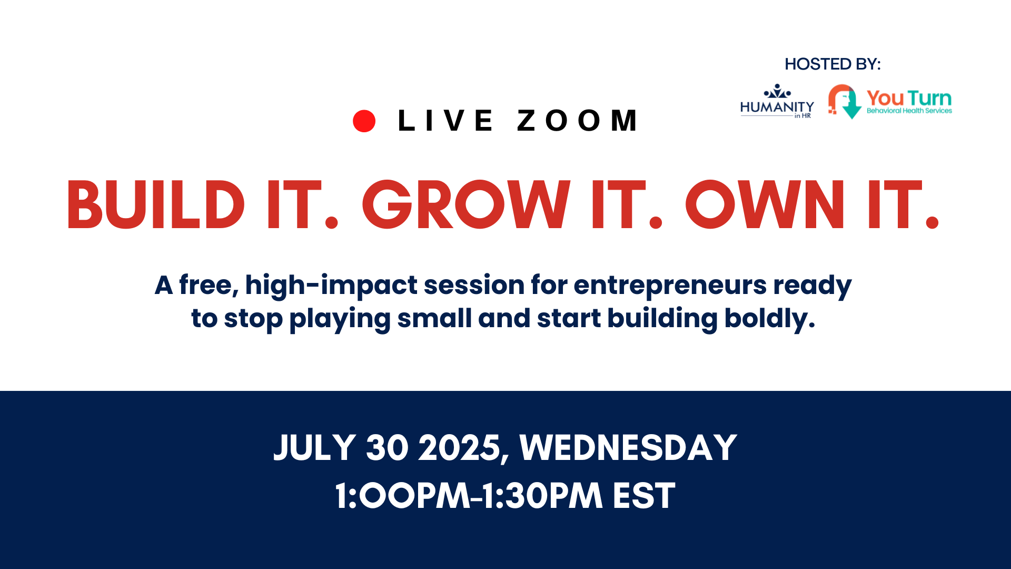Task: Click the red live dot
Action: pos(364,121)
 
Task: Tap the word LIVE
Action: pos(445,121)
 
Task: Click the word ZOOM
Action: pos(577,121)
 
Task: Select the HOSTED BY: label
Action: pos(832,64)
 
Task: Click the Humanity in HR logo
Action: pos(777,101)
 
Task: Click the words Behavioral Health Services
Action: pos(909,111)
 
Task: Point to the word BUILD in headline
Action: pos(156,204)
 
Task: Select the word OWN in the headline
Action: pos(765,204)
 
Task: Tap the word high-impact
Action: pos(331,286)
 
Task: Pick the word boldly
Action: pos(770,319)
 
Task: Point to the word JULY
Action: pos(315,448)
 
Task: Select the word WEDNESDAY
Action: pos(628,448)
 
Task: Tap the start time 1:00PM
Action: pos(403,496)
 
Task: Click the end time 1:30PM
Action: pos(542,496)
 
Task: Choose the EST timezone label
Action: pos(644,496)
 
